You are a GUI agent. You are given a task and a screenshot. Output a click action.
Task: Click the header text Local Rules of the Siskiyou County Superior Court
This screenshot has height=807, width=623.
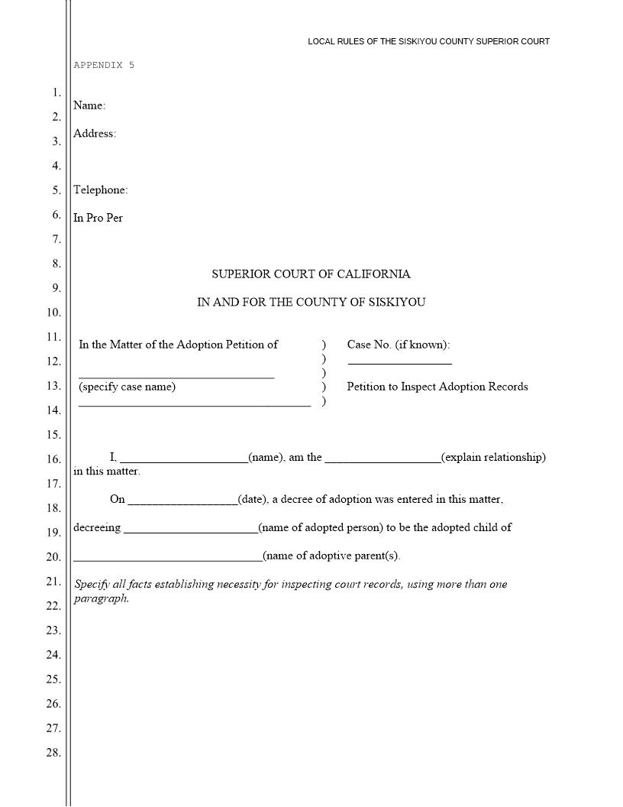click(428, 41)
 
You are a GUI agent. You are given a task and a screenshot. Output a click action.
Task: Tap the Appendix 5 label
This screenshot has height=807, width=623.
click(104, 65)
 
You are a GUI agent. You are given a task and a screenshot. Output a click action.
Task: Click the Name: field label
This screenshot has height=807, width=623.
click(89, 105)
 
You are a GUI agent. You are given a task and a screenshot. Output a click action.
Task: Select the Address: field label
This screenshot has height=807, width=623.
click(95, 134)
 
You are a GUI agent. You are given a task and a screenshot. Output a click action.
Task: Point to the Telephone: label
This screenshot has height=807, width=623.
click(101, 190)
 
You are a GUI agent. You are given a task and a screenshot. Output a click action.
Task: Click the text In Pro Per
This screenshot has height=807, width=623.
click(98, 218)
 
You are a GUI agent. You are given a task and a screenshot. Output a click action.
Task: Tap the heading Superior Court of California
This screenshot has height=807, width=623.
click(311, 274)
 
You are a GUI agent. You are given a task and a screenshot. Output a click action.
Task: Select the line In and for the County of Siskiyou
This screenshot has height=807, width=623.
click(311, 302)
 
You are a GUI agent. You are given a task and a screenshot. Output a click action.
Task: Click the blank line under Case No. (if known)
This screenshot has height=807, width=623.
click(399, 361)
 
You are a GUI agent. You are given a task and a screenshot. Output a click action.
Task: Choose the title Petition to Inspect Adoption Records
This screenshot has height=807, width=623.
click(437, 387)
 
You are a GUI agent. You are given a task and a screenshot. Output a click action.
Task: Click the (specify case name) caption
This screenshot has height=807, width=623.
click(127, 387)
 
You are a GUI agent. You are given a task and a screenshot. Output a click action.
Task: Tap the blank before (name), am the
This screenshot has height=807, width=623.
click(184, 459)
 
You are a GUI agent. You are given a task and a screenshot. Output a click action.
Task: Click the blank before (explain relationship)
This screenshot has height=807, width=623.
click(383, 459)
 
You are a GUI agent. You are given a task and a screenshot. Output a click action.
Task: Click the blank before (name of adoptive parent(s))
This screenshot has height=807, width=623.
click(168, 557)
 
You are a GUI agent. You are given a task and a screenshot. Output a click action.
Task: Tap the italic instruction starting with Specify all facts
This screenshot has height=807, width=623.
click(290, 591)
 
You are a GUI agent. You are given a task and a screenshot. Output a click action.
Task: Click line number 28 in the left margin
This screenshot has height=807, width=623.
click(53, 753)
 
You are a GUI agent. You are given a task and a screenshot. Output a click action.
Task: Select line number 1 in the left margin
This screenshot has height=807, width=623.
click(56, 92)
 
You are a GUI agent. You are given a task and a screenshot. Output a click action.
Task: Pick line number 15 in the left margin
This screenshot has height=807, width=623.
click(53, 435)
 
